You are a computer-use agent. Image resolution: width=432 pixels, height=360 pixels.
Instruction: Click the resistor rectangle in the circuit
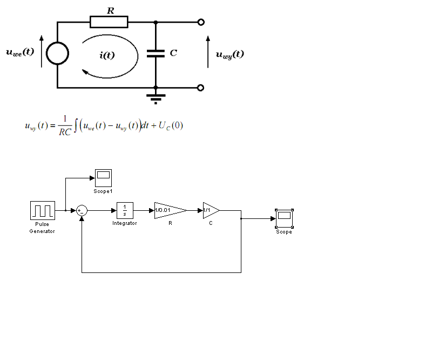(109, 22)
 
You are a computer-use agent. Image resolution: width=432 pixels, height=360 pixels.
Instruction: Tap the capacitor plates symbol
(156, 54)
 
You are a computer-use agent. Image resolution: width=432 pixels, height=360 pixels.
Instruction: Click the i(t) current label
(107, 55)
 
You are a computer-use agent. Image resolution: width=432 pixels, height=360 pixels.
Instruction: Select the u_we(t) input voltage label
(20, 52)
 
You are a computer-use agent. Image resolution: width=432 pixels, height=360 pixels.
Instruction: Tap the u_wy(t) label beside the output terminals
(230, 55)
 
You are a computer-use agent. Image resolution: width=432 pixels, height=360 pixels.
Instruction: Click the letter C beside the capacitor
(173, 52)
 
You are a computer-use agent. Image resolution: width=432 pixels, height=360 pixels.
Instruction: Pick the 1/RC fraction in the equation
(65, 126)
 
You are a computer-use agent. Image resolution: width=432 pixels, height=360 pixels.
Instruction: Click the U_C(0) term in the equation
(171, 126)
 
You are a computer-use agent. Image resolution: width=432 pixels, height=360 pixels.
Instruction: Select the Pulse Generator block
(43, 210)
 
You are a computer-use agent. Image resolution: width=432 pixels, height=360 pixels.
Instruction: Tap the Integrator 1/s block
(125, 210)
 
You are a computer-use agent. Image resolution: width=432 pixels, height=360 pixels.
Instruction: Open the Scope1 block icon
(103, 178)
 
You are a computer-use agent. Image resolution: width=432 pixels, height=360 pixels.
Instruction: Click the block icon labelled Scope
(285, 218)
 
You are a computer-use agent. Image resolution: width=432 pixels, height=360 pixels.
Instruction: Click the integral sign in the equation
(76, 125)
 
